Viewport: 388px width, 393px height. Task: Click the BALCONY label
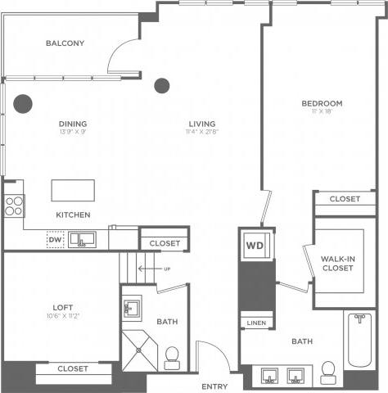pos(65,43)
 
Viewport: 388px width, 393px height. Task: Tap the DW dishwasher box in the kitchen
pos(55,239)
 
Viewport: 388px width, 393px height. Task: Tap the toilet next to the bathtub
pos(328,373)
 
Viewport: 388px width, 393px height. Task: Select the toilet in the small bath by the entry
pos(173,356)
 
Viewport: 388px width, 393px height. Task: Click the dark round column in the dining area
pos(22,103)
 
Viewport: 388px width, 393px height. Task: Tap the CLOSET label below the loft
pos(73,369)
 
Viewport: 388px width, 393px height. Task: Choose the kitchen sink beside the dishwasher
pos(83,240)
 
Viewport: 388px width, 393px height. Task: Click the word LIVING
pos(201,124)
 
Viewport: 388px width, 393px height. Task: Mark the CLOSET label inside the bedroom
pos(345,199)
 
